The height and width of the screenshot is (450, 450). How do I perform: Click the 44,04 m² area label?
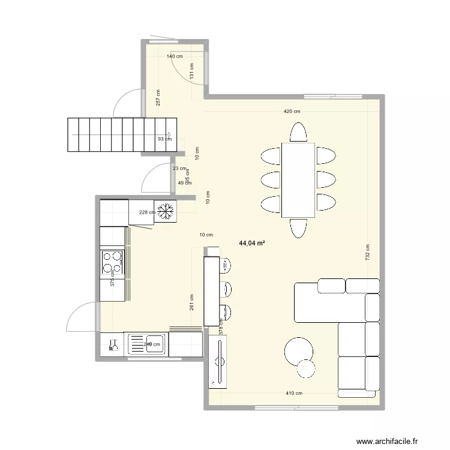(x=252, y=244)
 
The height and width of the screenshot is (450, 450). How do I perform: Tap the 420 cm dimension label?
(x=292, y=111)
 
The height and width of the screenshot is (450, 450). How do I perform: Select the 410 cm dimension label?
(x=294, y=394)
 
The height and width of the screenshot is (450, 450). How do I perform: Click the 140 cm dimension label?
(x=175, y=56)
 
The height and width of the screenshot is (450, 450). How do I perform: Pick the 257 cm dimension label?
(x=158, y=98)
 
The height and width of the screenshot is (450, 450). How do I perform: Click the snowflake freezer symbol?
(x=166, y=211)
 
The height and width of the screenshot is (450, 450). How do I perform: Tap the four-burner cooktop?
(x=112, y=262)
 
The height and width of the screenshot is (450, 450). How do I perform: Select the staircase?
(x=122, y=136)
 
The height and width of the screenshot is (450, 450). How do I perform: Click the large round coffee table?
(x=298, y=351)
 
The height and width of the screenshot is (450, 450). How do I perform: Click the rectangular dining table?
(x=298, y=180)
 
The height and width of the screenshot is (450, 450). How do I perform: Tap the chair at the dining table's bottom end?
(x=298, y=227)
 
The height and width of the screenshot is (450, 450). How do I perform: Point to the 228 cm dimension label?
(x=145, y=212)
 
